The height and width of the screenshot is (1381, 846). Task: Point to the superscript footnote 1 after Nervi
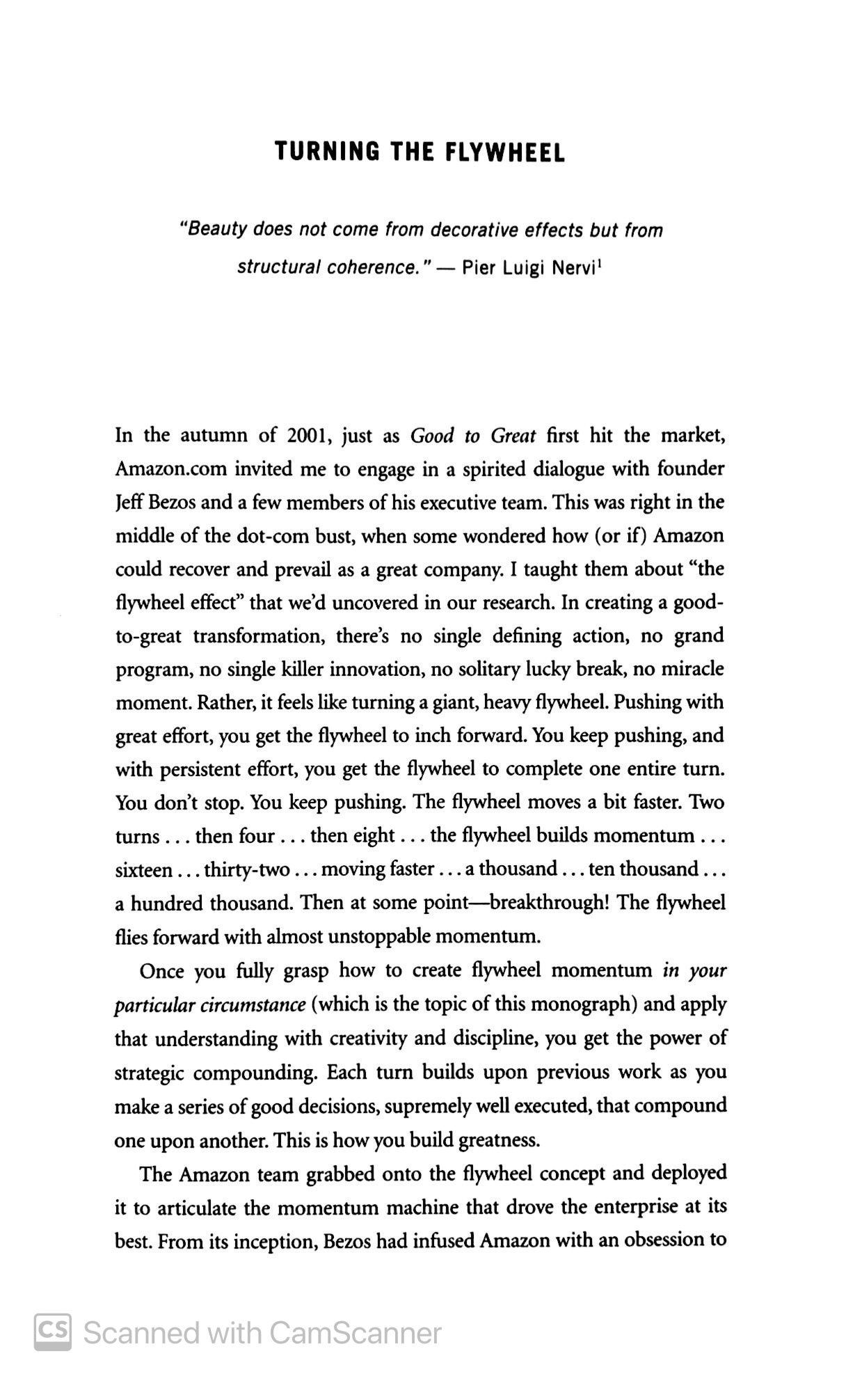click(599, 262)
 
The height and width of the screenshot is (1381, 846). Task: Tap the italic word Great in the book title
click(513, 436)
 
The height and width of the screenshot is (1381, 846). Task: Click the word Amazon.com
click(171, 469)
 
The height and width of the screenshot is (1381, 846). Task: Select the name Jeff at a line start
click(129, 503)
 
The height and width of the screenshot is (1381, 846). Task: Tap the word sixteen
click(143, 869)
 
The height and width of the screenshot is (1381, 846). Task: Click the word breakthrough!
click(550, 903)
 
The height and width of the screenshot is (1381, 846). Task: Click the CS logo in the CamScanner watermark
click(53, 1332)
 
